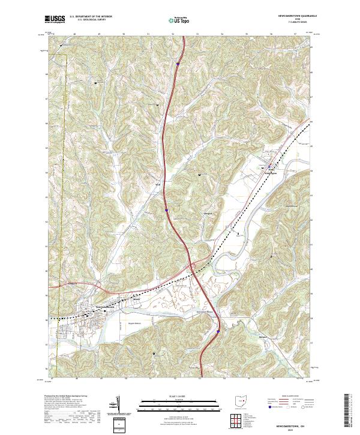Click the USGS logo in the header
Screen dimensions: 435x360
point(55,20)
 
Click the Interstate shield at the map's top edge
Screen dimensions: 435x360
point(178,61)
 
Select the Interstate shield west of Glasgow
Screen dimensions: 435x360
point(166,210)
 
